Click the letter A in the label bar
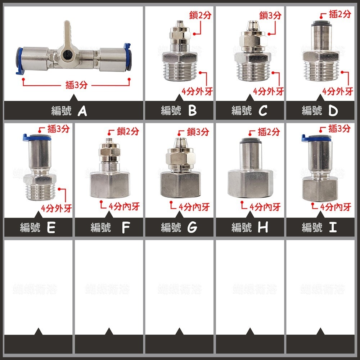pos(82,111)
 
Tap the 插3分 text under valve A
pos(76,85)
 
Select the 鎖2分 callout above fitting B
pos(200,15)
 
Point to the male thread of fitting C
pos(252,71)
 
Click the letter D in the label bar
pos(333,111)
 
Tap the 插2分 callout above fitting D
pos(340,14)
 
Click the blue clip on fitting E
pos(36,137)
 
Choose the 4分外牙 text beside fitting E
pos(57,208)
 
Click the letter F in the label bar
pos(126,228)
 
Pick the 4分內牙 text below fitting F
pos(124,207)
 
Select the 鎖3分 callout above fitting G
pos(198,132)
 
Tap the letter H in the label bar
pos(263,228)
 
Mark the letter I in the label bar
pos(333,227)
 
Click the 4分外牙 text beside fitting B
pos(197,91)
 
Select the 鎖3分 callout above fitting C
pos(270,15)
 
